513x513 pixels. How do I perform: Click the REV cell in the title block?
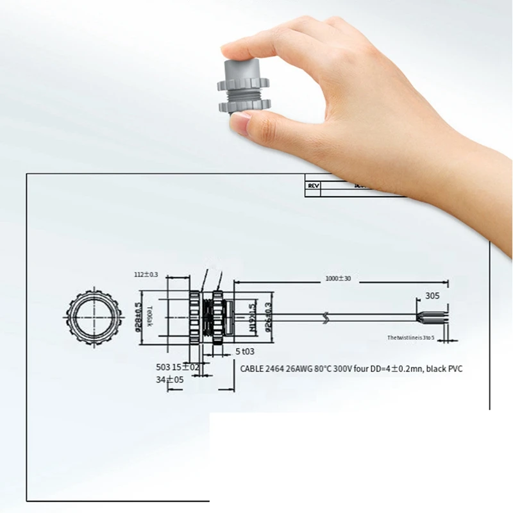pyautogui.click(x=314, y=185)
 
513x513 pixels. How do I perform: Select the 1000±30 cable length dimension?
pyautogui.click(x=338, y=278)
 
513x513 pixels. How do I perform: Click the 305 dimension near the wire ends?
pyautogui.click(x=432, y=296)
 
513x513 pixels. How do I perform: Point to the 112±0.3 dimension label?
pyautogui.click(x=146, y=274)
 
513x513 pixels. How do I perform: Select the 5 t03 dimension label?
pyautogui.click(x=245, y=351)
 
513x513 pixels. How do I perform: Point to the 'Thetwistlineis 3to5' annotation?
pyautogui.click(x=410, y=337)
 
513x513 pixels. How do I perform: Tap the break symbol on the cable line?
pyautogui.click(x=330, y=316)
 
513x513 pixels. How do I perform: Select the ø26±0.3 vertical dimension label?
pyautogui.click(x=267, y=316)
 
